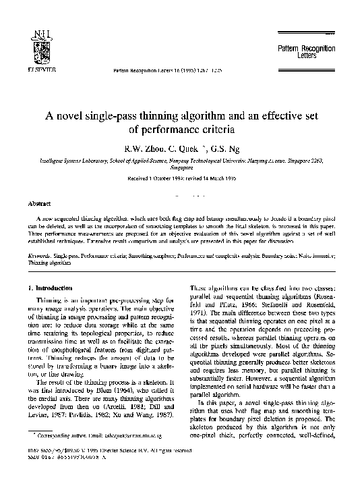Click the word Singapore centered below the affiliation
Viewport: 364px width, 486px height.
[x=182, y=171]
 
